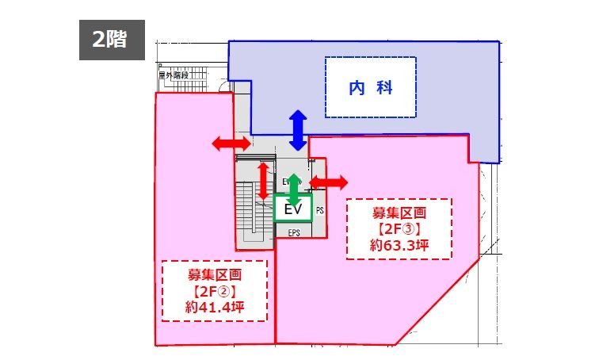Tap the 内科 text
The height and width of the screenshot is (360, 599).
[371, 88]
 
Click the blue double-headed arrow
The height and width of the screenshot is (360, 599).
[298, 129]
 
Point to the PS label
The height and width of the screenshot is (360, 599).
[320, 211]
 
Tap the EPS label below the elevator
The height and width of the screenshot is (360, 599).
[294, 234]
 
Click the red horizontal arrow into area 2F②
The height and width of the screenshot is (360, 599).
[231, 143]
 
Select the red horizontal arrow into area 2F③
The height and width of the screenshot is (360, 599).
[328, 182]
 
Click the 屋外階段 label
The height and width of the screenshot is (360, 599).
[173, 77]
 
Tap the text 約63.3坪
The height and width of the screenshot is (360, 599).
[399, 247]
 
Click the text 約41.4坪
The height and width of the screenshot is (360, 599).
[214, 308]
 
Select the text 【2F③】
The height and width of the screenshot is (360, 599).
[399, 230]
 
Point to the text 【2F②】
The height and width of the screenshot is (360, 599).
[214, 291]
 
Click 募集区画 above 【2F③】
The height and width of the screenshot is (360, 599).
[399, 213]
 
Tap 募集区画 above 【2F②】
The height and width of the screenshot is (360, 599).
[214, 274]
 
